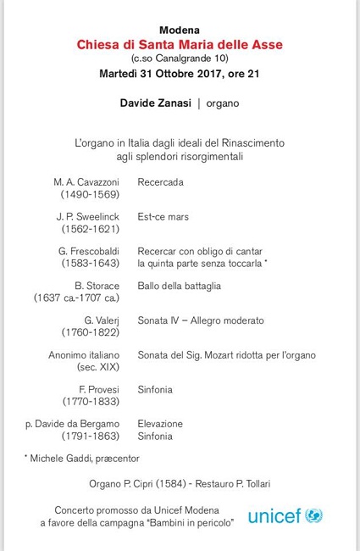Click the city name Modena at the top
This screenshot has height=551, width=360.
pos(179,30)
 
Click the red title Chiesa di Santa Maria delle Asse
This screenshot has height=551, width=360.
pos(180,43)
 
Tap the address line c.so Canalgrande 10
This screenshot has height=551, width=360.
pos(180,58)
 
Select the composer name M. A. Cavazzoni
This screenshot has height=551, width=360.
pos(85,182)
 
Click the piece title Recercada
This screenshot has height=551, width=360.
pos(160,182)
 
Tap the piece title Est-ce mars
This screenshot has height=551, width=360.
pos(163,217)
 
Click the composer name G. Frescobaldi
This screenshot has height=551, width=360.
pos(88,252)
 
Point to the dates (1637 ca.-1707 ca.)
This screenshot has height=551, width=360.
pos(76,298)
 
